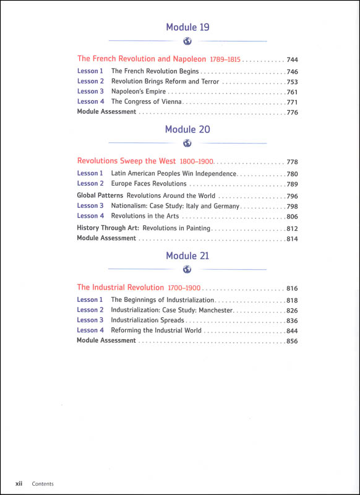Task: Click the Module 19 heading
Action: [x=187, y=27]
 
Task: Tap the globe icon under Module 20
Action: [x=187, y=145]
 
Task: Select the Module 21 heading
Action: [x=187, y=256]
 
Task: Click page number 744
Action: [x=293, y=60]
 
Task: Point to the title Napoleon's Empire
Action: [x=138, y=92]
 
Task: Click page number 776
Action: [x=293, y=113]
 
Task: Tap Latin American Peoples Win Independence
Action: [x=173, y=174]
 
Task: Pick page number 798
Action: [x=293, y=206]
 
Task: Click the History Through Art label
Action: [x=104, y=228]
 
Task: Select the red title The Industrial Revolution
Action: [x=121, y=287]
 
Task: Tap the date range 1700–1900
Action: [x=184, y=288]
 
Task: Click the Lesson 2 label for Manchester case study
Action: [x=90, y=310]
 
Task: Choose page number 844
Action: [x=293, y=330]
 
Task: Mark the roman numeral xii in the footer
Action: [x=19, y=483]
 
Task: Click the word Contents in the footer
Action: [x=43, y=484]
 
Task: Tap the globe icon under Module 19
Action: [x=187, y=41]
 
